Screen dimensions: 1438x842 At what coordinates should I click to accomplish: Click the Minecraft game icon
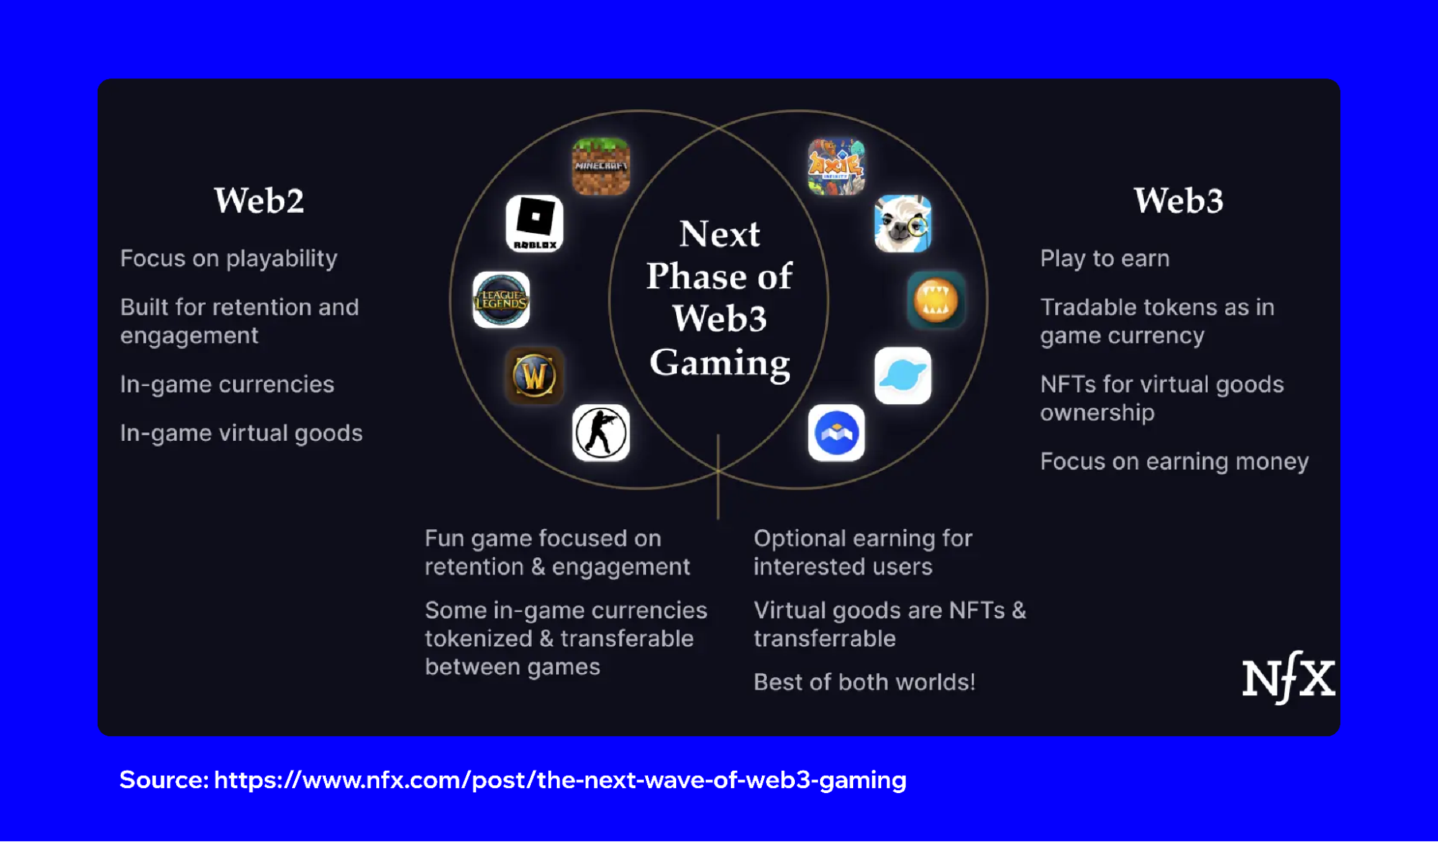(x=601, y=166)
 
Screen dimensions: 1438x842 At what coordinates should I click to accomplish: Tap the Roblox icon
(x=534, y=224)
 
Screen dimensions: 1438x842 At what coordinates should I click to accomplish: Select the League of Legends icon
(x=501, y=300)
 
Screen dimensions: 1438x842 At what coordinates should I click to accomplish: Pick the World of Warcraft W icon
(x=534, y=375)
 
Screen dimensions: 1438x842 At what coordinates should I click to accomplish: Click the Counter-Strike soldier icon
(x=601, y=433)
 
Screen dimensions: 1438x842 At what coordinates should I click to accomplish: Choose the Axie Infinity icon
(x=836, y=166)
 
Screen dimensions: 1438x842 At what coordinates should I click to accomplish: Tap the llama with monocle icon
(x=903, y=224)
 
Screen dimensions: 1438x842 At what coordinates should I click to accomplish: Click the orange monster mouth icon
(x=936, y=300)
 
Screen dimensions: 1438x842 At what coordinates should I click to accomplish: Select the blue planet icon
(x=903, y=375)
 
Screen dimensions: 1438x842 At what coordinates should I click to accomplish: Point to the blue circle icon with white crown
(x=836, y=433)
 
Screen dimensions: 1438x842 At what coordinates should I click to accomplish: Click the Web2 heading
(x=259, y=200)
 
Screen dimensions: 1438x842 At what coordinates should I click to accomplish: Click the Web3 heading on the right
(x=1178, y=200)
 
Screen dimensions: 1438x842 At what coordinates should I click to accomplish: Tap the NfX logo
(x=1288, y=677)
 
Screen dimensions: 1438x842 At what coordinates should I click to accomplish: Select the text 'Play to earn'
(x=1105, y=259)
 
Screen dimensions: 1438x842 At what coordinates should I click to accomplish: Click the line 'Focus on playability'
(x=229, y=259)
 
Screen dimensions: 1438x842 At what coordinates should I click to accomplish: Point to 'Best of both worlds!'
(x=865, y=682)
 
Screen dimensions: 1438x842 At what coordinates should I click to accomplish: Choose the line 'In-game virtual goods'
(x=242, y=434)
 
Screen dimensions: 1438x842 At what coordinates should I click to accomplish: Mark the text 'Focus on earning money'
(x=1175, y=462)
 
